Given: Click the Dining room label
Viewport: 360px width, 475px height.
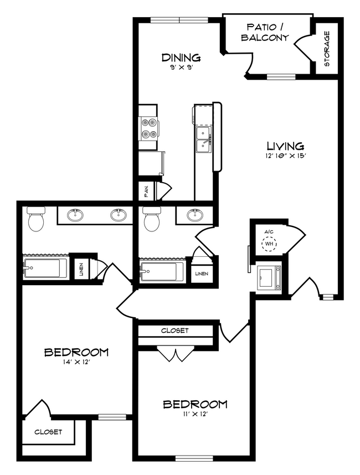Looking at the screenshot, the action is tap(181, 57).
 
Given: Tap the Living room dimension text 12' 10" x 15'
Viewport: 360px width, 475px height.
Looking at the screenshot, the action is tap(285, 156).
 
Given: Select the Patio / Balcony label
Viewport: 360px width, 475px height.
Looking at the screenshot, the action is tap(265, 32).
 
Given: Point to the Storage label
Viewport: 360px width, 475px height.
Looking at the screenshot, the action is tap(327, 49).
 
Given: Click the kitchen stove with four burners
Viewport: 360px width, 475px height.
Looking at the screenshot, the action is tap(148, 128).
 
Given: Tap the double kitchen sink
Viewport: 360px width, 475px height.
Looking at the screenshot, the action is tap(204, 140).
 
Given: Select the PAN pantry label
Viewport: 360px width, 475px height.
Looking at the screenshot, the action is tap(146, 191).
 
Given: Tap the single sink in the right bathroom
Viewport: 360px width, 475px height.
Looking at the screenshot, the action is tap(194, 215).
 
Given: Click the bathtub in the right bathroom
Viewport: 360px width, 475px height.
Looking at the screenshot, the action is tap(161, 271).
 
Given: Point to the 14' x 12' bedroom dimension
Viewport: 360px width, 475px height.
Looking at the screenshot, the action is tap(76, 362).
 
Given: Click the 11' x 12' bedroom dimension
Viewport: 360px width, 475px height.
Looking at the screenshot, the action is tap(195, 414).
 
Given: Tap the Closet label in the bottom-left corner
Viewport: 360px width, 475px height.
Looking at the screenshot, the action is tap(48, 432).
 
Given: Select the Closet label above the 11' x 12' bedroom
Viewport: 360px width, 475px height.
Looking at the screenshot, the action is tap(175, 331).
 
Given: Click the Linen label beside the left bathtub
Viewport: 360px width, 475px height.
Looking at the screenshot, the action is tap(81, 269).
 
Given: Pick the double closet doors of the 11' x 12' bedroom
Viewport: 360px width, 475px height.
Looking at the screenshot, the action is tap(176, 354).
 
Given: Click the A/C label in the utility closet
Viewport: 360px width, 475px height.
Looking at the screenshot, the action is tap(269, 232).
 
